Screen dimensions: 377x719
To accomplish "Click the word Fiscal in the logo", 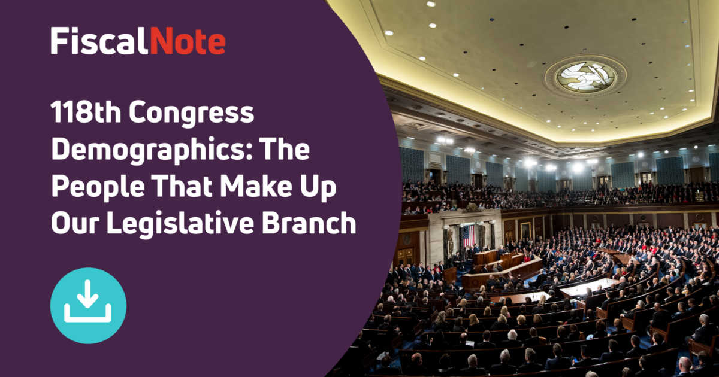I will pos(99,41).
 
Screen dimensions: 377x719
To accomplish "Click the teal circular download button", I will pos(88,305).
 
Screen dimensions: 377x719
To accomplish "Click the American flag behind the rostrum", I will pos(468,235).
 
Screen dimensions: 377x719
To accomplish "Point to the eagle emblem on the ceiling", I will pos(585,75).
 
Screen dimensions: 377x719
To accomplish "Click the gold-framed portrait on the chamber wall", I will pos(525,230).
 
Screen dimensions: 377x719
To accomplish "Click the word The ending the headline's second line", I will pos(292,150).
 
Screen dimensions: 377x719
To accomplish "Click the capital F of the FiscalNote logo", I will pos(59,41).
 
